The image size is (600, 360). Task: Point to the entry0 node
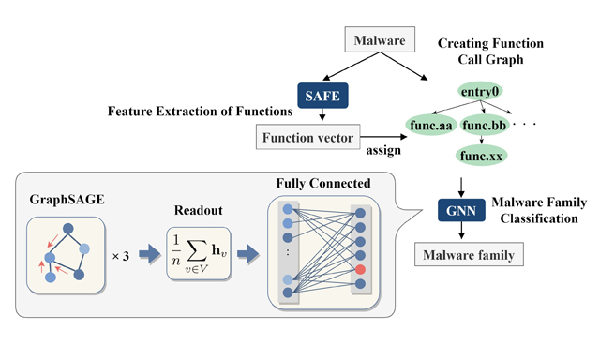click(x=482, y=91)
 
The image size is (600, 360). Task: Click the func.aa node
click(x=430, y=124)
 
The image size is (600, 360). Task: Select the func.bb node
click(x=485, y=124)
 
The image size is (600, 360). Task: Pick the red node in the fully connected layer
click(x=362, y=270)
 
